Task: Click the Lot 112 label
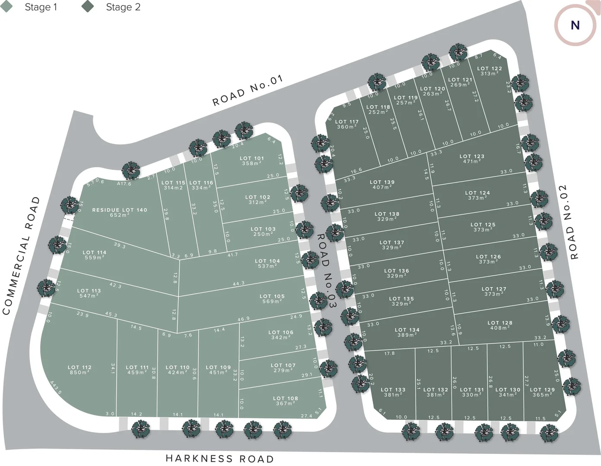pyautogui.click(x=79, y=367)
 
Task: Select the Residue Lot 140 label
pyautogui.click(x=120, y=210)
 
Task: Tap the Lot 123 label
pyautogui.click(x=472, y=156)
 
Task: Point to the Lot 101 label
pyautogui.click(x=252, y=158)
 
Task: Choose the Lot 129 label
pyautogui.click(x=542, y=390)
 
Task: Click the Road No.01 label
pyautogui.click(x=248, y=91)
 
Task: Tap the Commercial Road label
pyautogui.click(x=21, y=256)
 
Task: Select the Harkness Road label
pyautogui.click(x=219, y=458)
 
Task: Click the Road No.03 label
pyautogui.click(x=327, y=271)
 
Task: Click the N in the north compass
pyautogui.click(x=575, y=25)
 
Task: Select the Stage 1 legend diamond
pyautogui.click(x=7, y=7)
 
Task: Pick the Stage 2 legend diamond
pyautogui.click(x=88, y=7)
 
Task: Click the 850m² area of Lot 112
pyautogui.click(x=79, y=373)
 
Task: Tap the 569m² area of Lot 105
pyautogui.click(x=272, y=302)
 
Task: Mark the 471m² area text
pyautogui.click(x=472, y=161)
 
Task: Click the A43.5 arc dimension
pyautogui.click(x=56, y=387)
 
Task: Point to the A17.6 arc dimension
pyautogui.click(x=124, y=184)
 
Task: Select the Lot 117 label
pyautogui.click(x=347, y=122)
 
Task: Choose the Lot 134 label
pyautogui.click(x=407, y=330)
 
